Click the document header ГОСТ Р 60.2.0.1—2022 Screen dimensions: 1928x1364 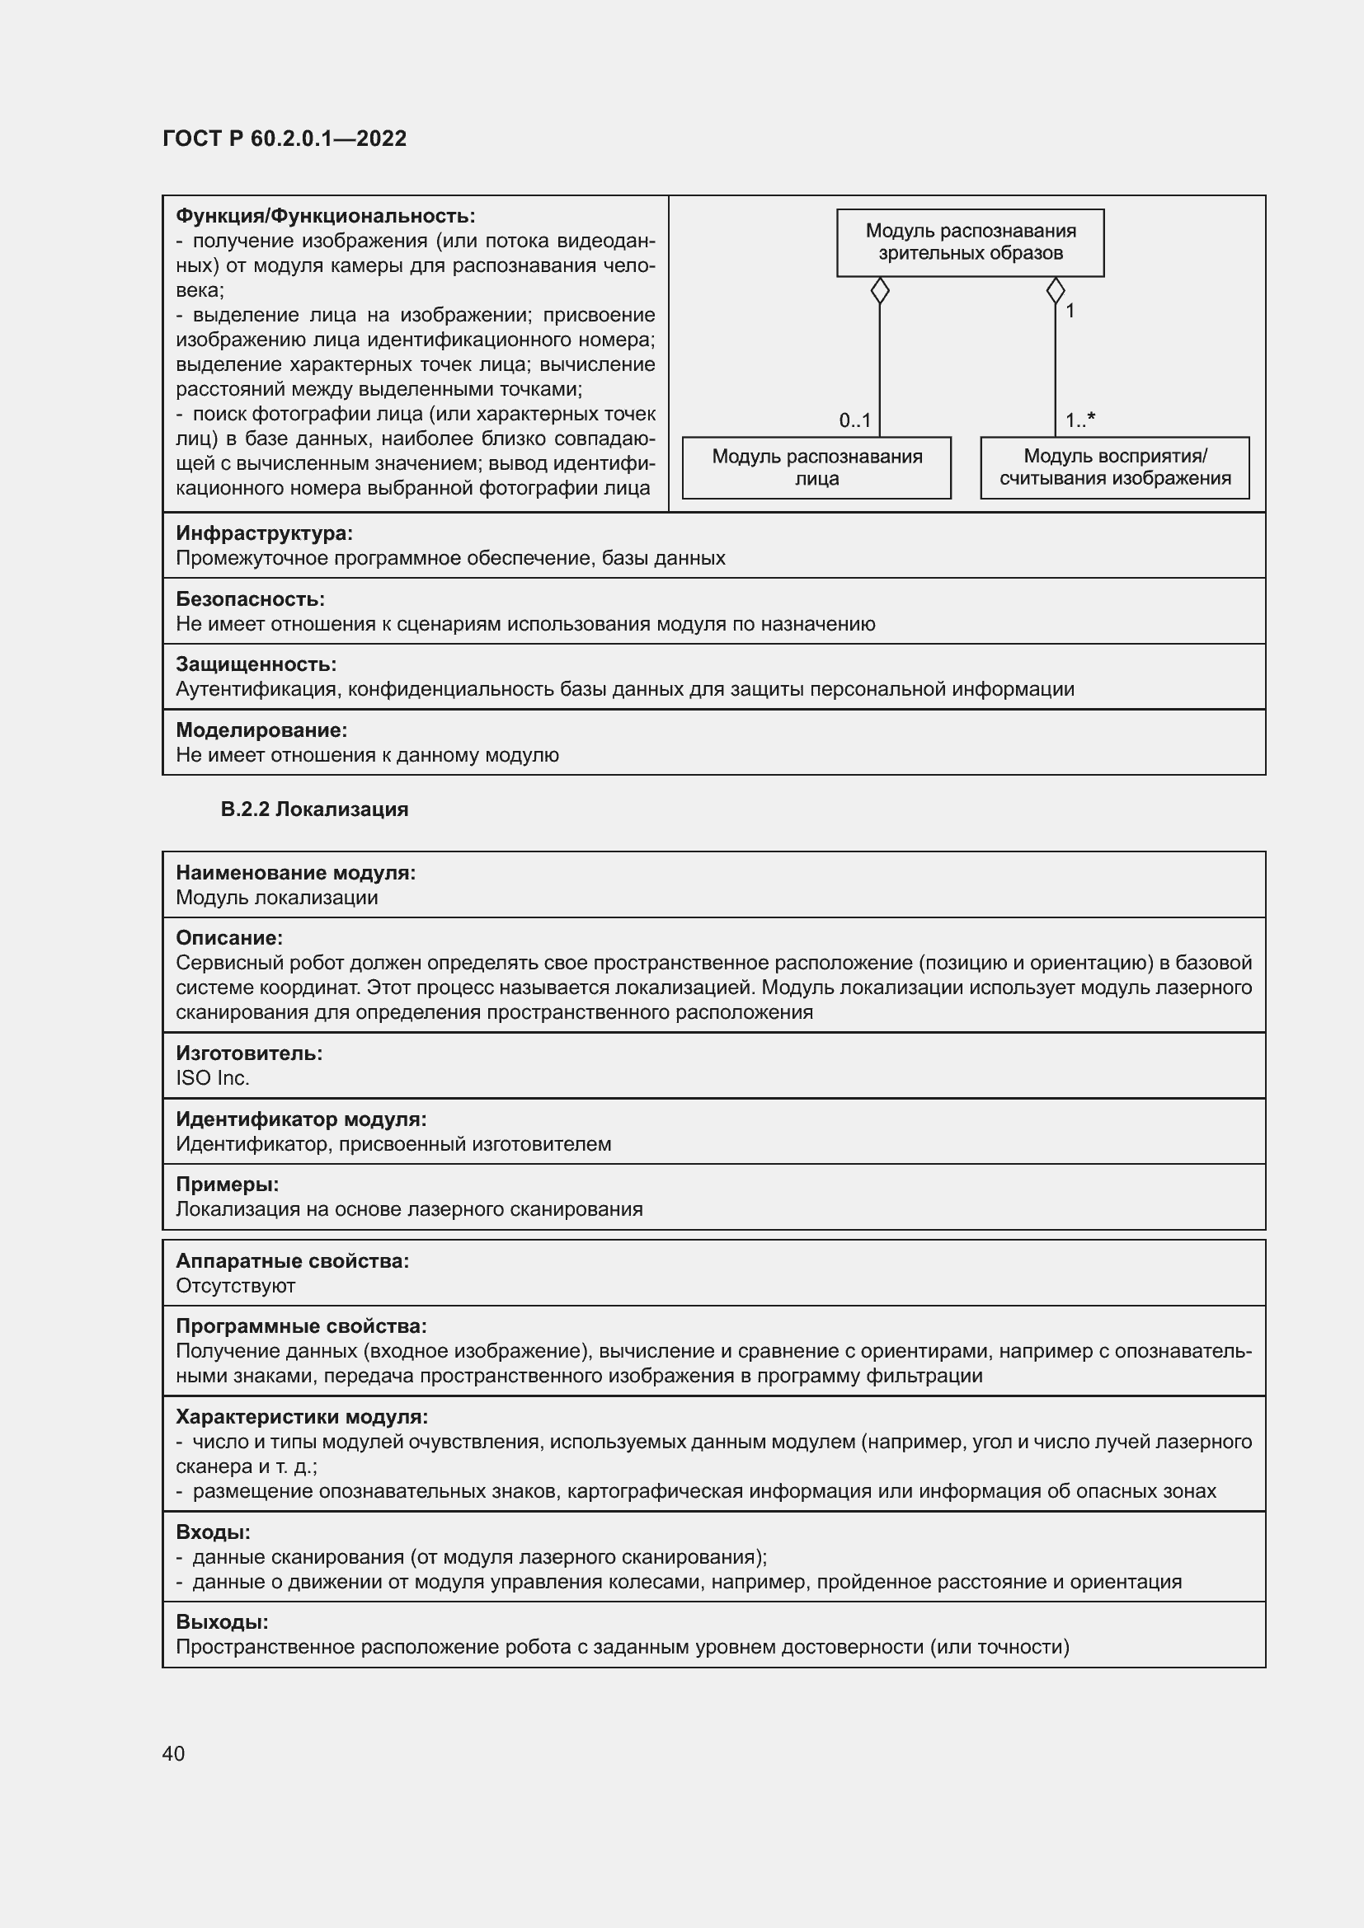coord(284,138)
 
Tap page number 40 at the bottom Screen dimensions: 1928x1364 coord(173,1753)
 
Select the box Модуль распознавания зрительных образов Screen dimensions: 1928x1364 coord(970,242)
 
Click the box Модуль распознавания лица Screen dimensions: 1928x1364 coord(816,467)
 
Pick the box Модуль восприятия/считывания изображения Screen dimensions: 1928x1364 coord(1115,467)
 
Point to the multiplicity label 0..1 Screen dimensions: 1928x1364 coord(854,420)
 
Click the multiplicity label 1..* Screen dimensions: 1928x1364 coord(1079,420)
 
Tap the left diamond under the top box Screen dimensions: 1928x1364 coord(879,291)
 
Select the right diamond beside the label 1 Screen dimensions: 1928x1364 coord(1055,291)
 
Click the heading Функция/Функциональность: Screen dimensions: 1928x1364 coord(325,216)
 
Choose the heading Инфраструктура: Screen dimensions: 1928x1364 coord(264,533)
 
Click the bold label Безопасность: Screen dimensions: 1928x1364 coord(249,598)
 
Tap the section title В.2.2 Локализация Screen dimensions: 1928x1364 coord(314,809)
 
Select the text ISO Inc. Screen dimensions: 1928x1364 coord(213,1078)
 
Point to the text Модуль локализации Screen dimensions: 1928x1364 coord(276,898)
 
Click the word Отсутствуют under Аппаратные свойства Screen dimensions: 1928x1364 coord(235,1286)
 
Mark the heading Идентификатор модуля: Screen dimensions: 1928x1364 coord(301,1119)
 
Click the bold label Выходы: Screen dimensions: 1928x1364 coord(222,1621)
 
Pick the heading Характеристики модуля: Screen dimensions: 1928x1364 coord(302,1417)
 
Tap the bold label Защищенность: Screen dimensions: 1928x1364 coord(256,664)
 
